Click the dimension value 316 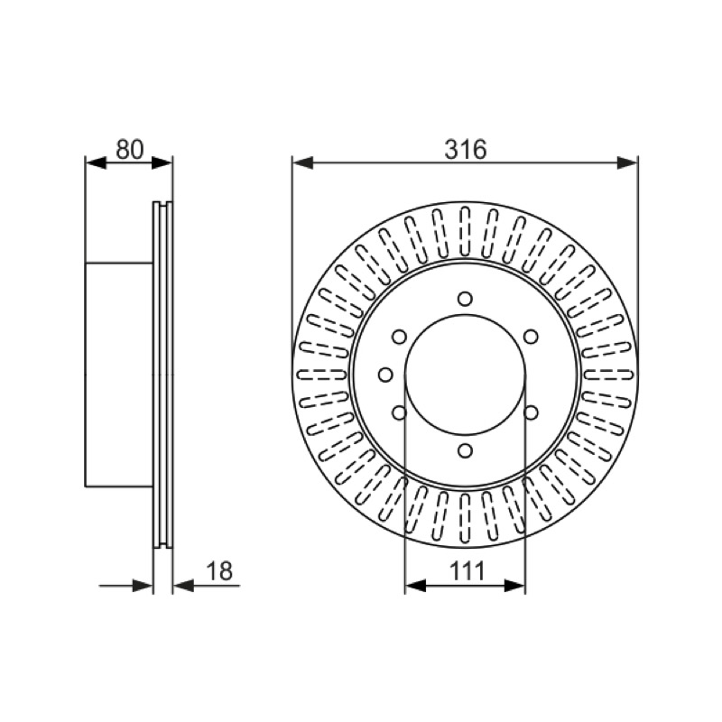point(465,150)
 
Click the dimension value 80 point(130,150)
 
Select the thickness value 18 point(219,571)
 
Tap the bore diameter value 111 point(467,571)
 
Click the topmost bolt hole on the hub point(465,299)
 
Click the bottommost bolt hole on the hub point(465,449)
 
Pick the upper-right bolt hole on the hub point(531,337)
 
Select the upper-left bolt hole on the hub point(399,337)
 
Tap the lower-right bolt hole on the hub point(531,412)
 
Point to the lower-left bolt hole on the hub point(399,412)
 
